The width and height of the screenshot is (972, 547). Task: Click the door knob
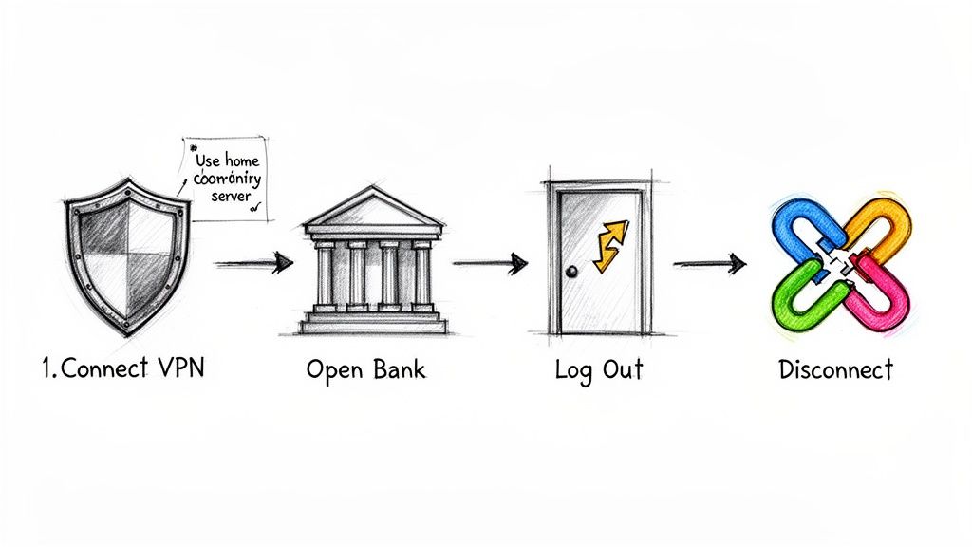571,273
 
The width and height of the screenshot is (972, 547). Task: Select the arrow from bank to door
489,263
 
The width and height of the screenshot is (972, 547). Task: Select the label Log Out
598,370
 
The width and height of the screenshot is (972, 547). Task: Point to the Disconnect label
835,369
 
